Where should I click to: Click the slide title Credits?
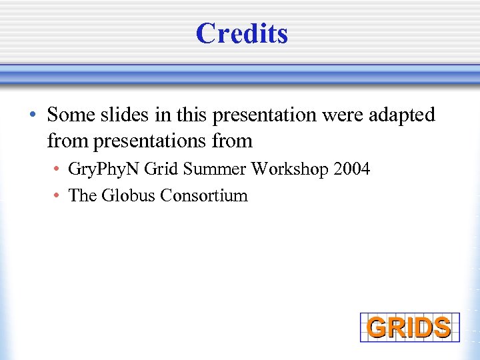pos(241,33)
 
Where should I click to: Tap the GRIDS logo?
pos(409,327)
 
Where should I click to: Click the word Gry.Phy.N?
pos(103,169)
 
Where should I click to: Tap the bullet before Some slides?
pos(33,116)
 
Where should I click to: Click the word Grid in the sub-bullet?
pos(161,169)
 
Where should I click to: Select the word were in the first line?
pos(339,115)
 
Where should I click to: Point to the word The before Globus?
pos(83,196)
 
